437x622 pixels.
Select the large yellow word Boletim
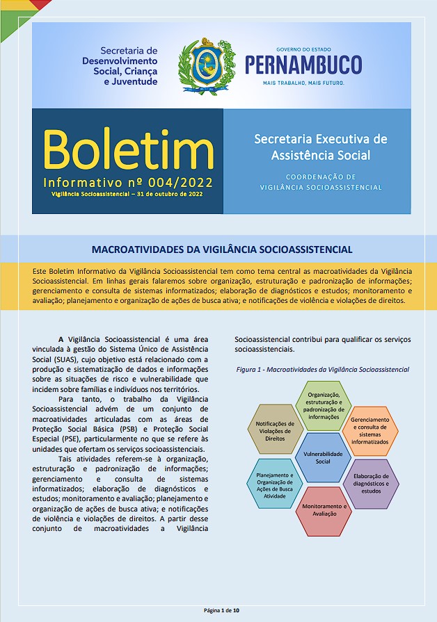pos(128,148)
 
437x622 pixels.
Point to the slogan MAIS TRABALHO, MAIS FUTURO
pos(303,82)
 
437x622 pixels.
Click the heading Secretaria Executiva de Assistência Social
pos(321,147)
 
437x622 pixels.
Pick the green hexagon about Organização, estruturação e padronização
pos(323,406)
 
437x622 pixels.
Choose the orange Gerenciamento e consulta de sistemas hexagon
pos(370,431)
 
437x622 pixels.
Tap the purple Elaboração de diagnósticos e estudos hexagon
pos(371,482)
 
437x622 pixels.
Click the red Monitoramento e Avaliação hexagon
pos(324,510)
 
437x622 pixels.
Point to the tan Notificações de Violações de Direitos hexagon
pos(275,431)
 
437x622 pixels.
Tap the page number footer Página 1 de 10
pos(221,609)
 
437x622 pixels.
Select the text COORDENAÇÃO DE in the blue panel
pos(321,177)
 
